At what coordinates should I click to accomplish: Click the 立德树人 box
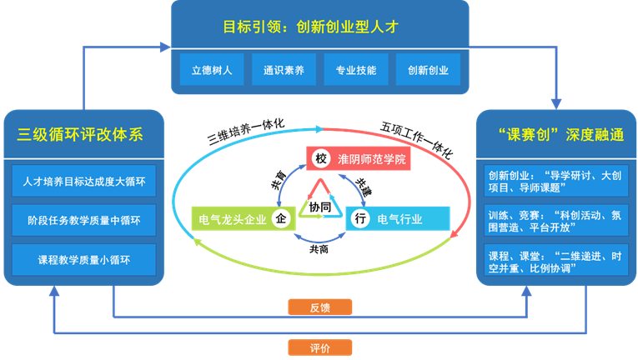point(212,71)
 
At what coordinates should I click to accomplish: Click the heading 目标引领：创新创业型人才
point(319,27)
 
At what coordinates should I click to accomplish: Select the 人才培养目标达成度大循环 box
point(84,182)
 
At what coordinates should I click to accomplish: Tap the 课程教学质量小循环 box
point(84,260)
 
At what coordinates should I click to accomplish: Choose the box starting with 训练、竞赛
point(555,220)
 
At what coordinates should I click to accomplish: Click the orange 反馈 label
point(320,307)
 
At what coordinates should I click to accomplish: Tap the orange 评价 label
point(320,347)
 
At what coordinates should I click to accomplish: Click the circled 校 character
point(320,158)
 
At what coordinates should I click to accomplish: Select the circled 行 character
point(359,219)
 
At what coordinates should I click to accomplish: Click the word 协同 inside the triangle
point(319,204)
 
